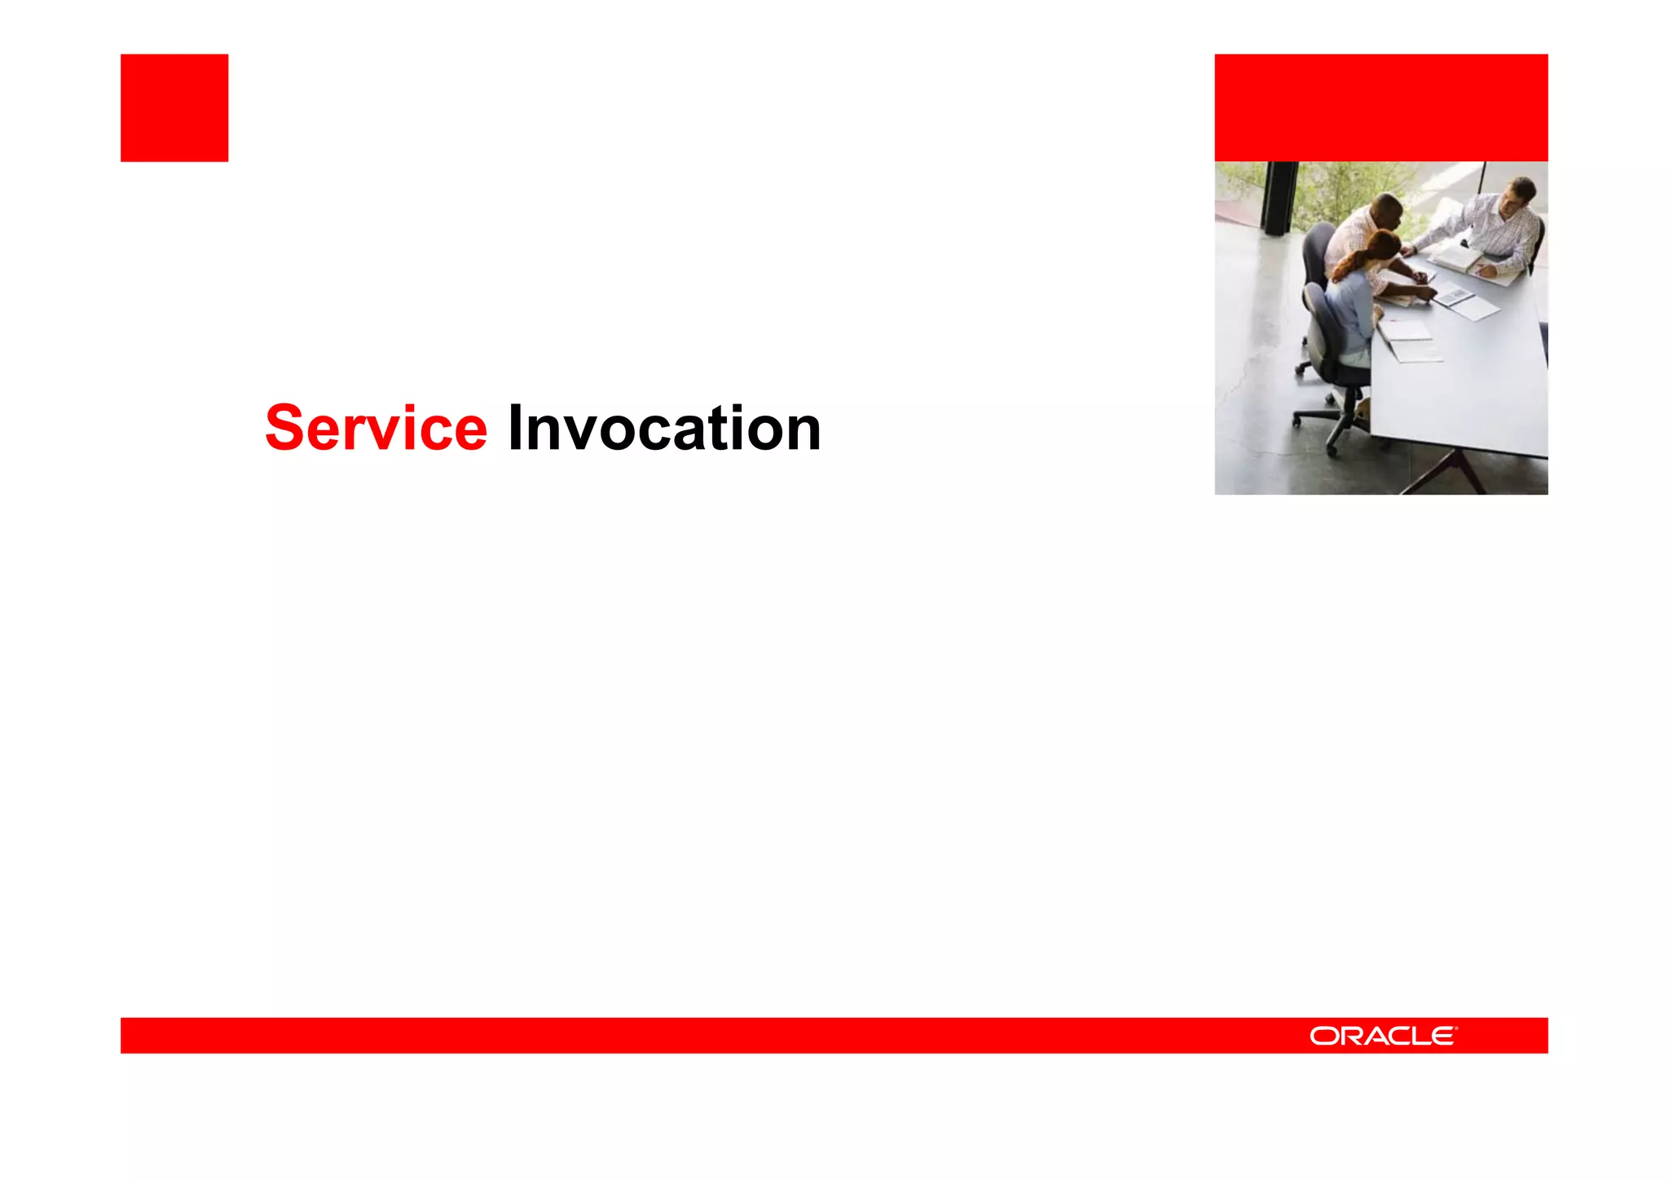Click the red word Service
pos(376,429)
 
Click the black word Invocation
pos(663,429)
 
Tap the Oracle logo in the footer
pos(1383,1036)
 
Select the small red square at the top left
pos(174,108)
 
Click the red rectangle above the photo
pos(1381,108)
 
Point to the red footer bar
pos(733,1036)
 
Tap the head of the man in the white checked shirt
pos(1517,196)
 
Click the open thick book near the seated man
pos(1459,259)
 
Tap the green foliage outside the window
pos(1353,183)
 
